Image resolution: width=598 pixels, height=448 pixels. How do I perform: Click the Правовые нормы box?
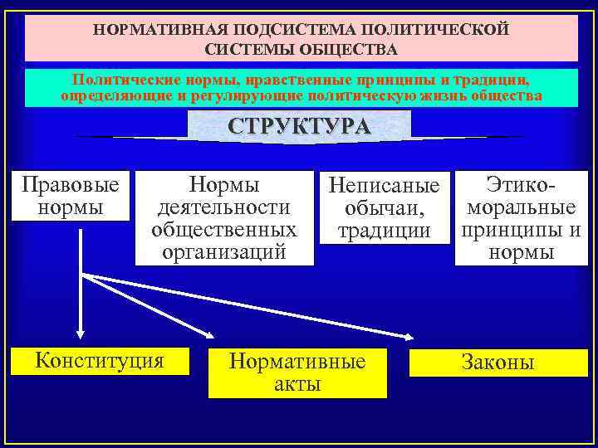(71, 196)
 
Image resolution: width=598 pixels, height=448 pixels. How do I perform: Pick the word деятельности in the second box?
(224, 207)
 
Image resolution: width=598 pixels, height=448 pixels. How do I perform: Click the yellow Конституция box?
(99, 360)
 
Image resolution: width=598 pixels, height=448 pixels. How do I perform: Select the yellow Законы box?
(498, 363)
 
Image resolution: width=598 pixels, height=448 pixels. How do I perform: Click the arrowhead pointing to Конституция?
(80, 333)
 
